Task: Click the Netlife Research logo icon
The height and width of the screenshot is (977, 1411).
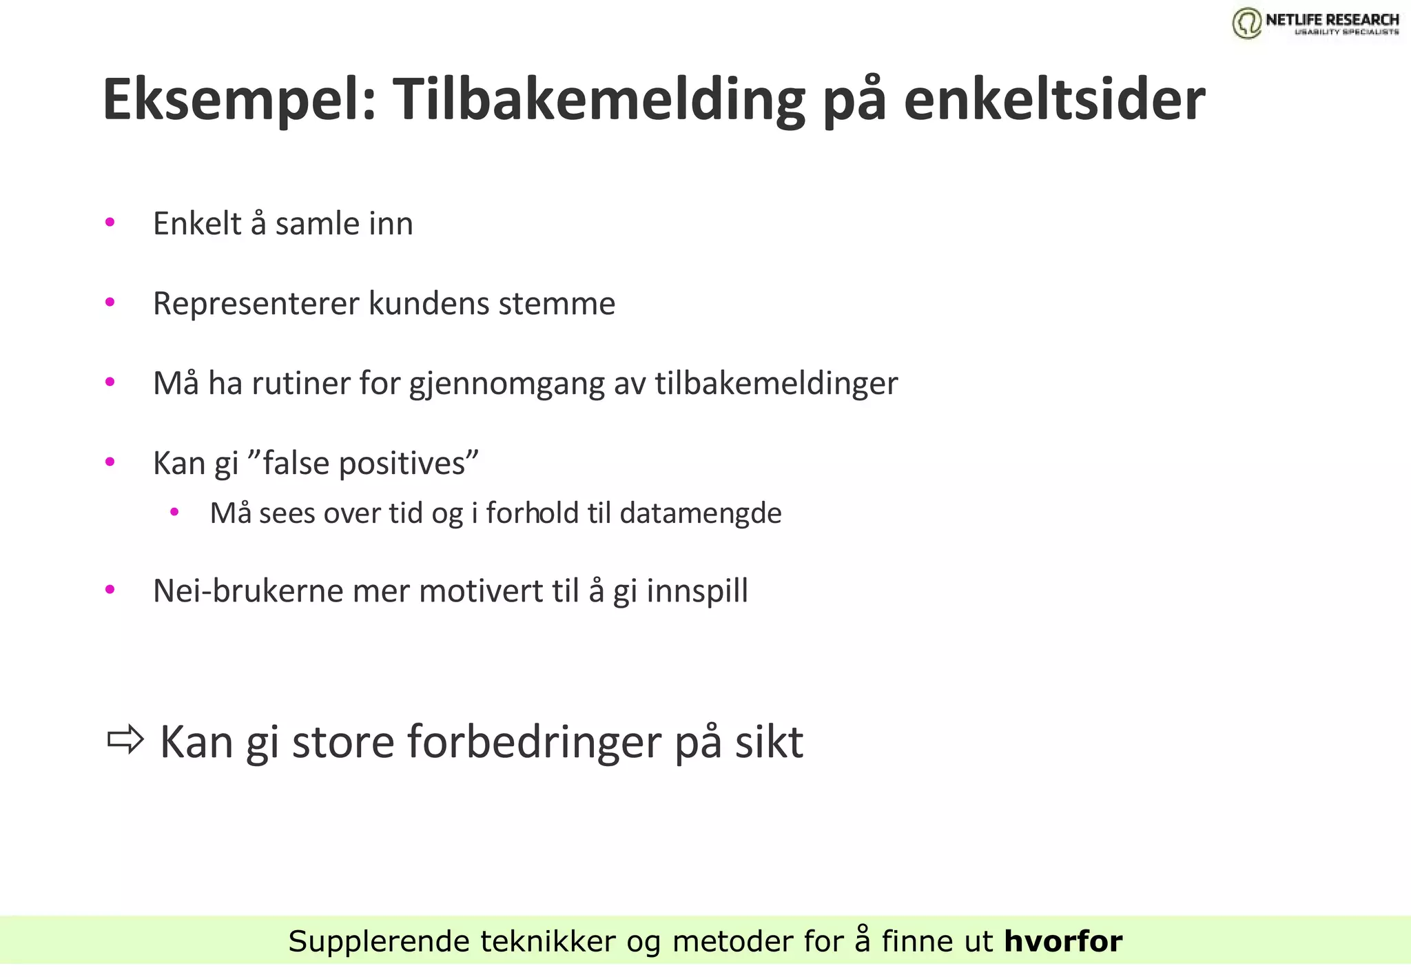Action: pyautogui.click(x=1247, y=23)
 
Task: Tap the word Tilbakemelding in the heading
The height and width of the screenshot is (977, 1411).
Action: pyautogui.click(x=599, y=100)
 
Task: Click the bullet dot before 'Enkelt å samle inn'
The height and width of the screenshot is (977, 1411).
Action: pyautogui.click(x=110, y=223)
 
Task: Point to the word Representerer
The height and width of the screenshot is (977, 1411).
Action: pyautogui.click(x=256, y=304)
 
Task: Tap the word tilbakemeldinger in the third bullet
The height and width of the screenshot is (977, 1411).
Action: pyautogui.click(x=776, y=383)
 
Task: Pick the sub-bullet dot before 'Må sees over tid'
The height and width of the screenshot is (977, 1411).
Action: pyautogui.click(x=174, y=512)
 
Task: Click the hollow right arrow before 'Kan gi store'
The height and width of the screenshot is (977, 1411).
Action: pyautogui.click(x=125, y=740)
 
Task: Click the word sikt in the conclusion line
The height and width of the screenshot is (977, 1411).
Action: pyautogui.click(x=769, y=743)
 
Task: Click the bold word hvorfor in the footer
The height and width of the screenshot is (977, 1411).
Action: pyautogui.click(x=1063, y=941)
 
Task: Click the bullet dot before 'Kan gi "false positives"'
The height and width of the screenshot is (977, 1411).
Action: pyautogui.click(x=110, y=462)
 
